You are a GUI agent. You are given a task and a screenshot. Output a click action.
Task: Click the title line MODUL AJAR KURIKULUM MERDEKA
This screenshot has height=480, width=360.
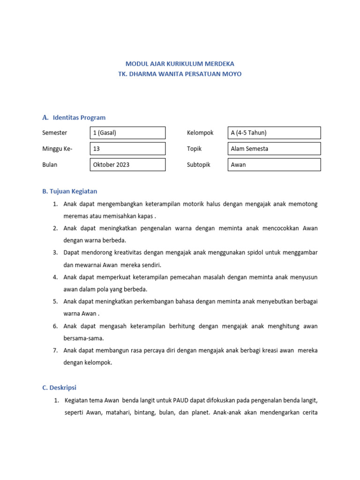click(180, 63)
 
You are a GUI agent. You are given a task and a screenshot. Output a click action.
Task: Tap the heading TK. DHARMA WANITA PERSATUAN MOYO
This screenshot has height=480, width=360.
click(180, 74)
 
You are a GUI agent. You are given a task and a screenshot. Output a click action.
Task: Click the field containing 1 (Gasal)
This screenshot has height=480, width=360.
click(127, 133)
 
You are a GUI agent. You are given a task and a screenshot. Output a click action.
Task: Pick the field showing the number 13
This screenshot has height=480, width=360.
click(127, 149)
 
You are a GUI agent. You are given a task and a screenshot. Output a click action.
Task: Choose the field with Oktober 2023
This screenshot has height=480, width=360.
click(127, 165)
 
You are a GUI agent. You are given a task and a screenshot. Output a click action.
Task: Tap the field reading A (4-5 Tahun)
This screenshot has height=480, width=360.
click(274, 133)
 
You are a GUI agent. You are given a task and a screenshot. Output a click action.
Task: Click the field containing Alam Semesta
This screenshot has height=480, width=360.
click(274, 149)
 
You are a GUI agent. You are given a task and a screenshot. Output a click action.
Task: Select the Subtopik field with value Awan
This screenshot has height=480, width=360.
click(274, 165)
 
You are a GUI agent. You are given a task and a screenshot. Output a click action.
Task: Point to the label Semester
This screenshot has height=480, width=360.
click(54, 133)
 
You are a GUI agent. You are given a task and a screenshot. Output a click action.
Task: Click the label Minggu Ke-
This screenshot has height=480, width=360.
click(58, 149)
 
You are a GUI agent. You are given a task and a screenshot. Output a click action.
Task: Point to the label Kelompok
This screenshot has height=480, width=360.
click(200, 133)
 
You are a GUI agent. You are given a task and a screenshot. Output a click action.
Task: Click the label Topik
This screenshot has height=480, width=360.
click(194, 149)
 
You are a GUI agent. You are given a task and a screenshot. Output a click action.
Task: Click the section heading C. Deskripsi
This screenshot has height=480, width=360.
click(59, 388)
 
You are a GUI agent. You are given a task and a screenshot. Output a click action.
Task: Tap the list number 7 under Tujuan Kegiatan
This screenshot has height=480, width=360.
click(55, 350)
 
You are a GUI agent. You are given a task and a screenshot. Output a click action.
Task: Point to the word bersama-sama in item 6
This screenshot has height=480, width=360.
click(83, 338)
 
